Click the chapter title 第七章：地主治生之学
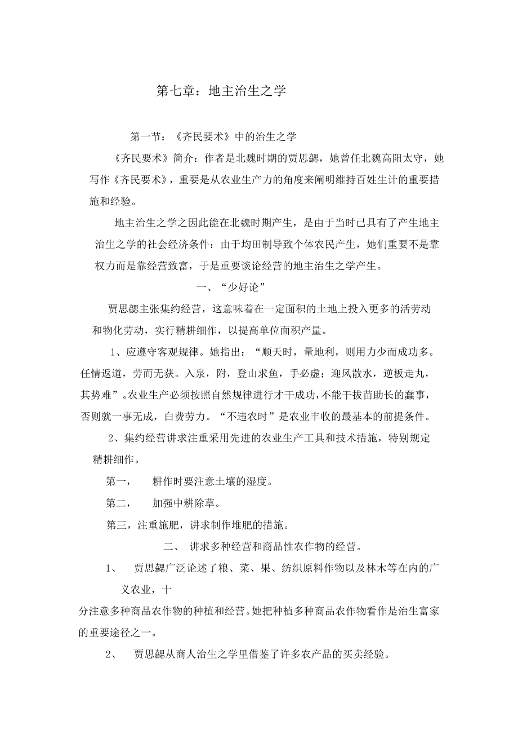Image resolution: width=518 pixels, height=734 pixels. coord(221,91)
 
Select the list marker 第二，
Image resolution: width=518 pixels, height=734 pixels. coord(119,503)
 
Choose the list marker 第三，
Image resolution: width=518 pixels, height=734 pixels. coord(119,525)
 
